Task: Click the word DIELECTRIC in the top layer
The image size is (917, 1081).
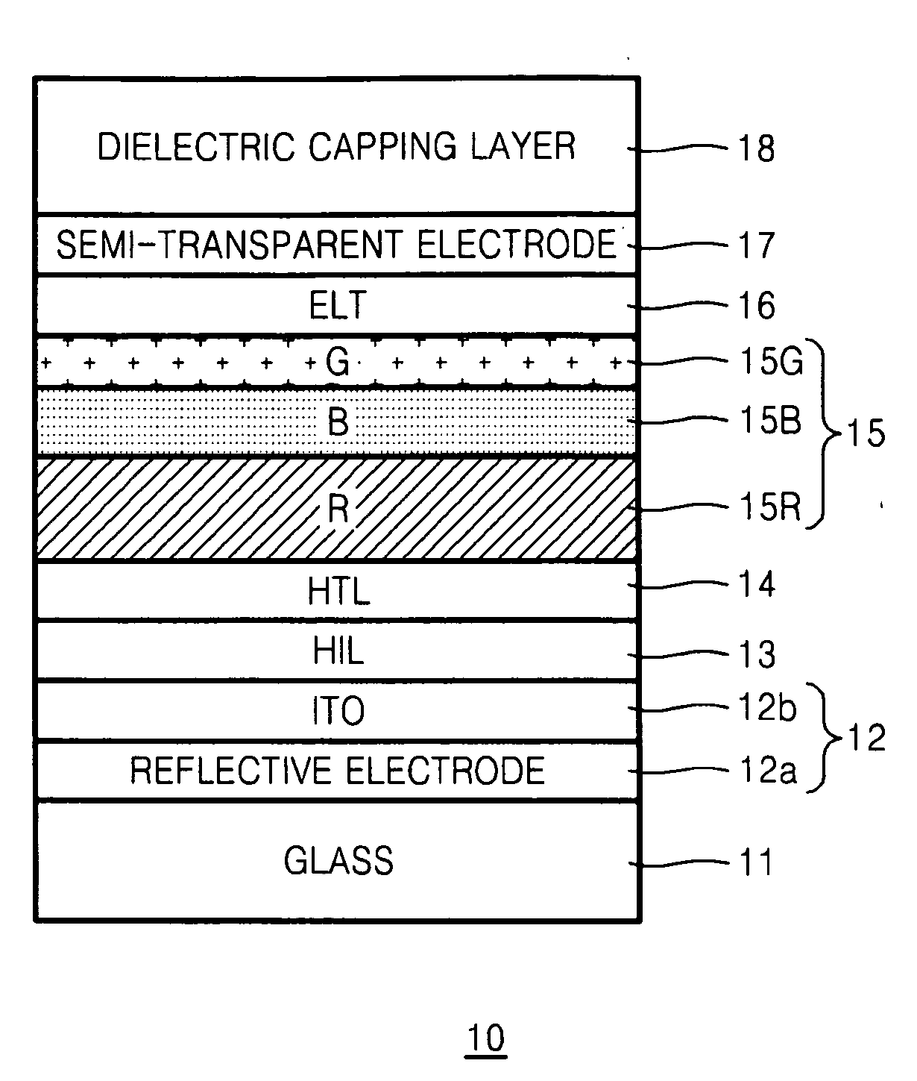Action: pyautogui.click(x=197, y=147)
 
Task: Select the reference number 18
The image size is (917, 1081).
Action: pyautogui.click(x=756, y=148)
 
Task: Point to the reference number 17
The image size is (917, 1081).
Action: pyautogui.click(x=756, y=245)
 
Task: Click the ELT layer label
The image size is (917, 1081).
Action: pyautogui.click(x=338, y=305)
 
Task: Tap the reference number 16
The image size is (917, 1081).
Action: pyautogui.click(x=756, y=305)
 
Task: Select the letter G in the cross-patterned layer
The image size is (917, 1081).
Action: pyautogui.click(x=338, y=361)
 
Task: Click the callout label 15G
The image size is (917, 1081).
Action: pyautogui.click(x=771, y=361)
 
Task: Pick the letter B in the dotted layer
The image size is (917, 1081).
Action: pyautogui.click(x=338, y=422)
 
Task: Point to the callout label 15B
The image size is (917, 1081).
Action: pyautogui.click(x=771, y=420)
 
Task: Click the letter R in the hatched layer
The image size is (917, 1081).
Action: pyautogui.click(x=338, y=508)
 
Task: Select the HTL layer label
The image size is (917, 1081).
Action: pyautogui.click(x=338, y=591)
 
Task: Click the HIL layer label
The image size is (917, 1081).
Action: pyautogui.click(x=338, y=651)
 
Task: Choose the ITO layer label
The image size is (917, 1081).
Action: pyautogui.click(x=338, y=711)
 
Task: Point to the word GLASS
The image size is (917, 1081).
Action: pyautogui.click(x=338, y=861)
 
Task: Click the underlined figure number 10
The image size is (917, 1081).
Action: pyautogui.click(x=486, y=1038)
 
